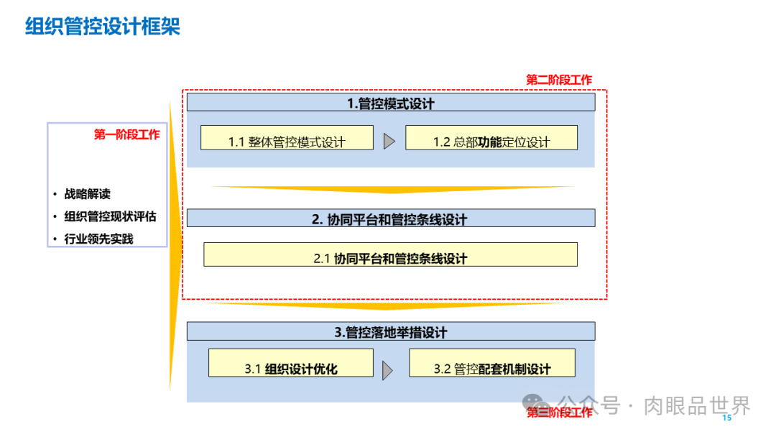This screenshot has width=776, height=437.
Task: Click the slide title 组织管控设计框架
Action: pyautogui.click(x=102, y=27)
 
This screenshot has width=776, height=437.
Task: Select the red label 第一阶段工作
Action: pyautogui.click(x=126, y=134)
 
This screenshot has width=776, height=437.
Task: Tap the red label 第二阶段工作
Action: pyautogui.click(x=559, y=80)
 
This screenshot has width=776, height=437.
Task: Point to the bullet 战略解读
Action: pyautogui.click(x=87, y=194)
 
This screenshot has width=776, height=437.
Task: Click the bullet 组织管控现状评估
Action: pyautogui.click(x=110, y=216)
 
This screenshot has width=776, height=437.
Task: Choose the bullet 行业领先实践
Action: pyautogui.click(x=98, y=239)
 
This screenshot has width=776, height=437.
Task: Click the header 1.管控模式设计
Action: pyautogui.click(x=391, y=103)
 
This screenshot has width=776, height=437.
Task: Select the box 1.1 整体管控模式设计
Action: pyautogui.click(x=287, y=138)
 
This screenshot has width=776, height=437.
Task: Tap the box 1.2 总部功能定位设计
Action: pyautogui.click(x=491, y=138)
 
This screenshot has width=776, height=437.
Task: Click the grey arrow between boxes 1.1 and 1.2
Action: pyautogui.click(x=389, y=141)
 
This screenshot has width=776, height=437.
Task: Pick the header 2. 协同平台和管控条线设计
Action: pyautogui.click(x=391, y=218)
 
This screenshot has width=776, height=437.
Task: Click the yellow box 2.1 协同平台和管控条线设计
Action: pyautogui.click(x=391, y=255)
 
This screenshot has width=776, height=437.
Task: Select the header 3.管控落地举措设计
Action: pyautogui.click(x=391, y=332)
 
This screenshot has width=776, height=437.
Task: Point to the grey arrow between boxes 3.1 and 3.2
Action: pyautogui.click(x=388, y=370)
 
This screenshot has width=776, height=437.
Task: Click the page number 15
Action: pyautogui.click(x=726, y=418)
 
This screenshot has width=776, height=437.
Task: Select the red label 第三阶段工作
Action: pyautogui.click(x=559, y=413)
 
